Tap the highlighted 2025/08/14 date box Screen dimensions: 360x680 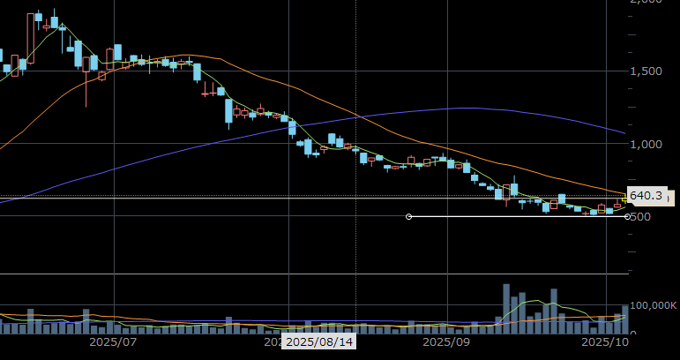pos(318,341)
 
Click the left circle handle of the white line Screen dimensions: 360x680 pos(408,216)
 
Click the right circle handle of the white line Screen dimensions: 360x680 pos(627,216)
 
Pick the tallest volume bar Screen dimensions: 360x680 pos(506,308)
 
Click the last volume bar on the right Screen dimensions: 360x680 pos(625,319)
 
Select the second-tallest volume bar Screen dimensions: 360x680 pos(554,311)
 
